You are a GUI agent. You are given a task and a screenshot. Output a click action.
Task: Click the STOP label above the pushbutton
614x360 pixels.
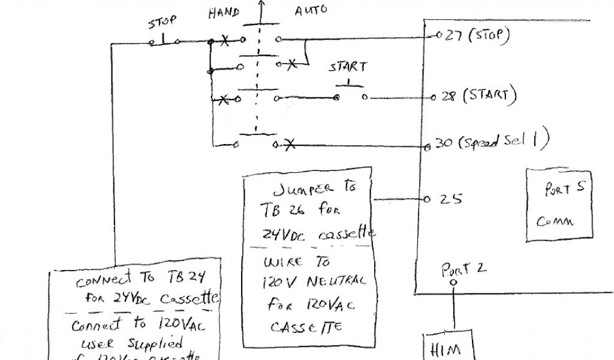click(x=162, y=22)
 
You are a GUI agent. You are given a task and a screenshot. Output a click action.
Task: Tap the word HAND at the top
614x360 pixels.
click(x=224, y=13)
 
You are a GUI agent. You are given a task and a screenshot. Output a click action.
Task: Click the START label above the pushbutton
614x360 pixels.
click(x=348, y=67)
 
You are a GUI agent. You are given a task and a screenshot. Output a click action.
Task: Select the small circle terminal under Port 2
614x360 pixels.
click(x=453, y=281)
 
